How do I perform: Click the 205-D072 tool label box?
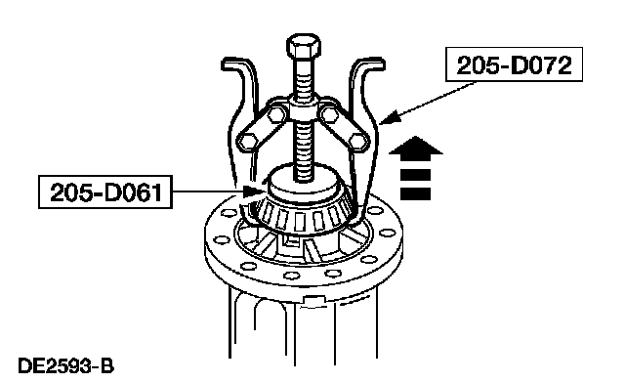click(x=514, y=64)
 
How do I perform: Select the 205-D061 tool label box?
click(x=105, y=191)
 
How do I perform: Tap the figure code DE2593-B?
click(x=65, y=366)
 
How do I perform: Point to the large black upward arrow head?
click(x=415, y=146)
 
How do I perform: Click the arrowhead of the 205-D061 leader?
click(x=253, y=191)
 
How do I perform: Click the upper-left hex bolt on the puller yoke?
click(x=275, y=115)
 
